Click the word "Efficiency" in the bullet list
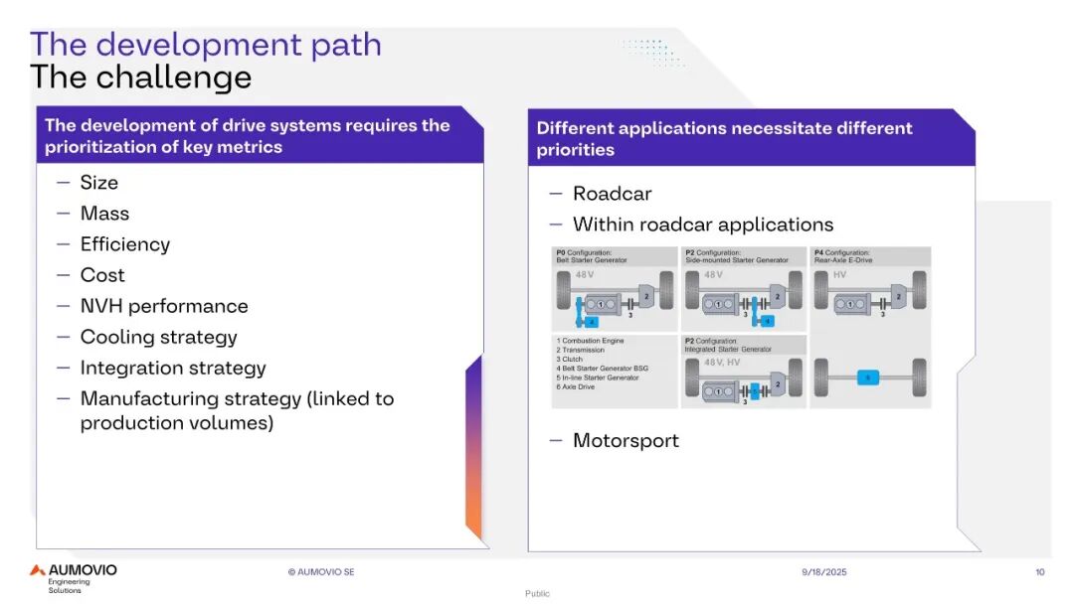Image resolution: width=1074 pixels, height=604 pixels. [124, 244]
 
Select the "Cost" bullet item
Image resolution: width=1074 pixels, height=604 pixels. [102, 275]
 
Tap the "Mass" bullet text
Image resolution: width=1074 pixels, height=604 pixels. [104, 214]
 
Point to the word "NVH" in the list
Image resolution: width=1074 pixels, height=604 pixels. [101, 306]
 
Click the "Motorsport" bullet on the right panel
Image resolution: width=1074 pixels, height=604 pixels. [626, 440]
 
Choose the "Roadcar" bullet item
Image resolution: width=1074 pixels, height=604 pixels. [612, 194]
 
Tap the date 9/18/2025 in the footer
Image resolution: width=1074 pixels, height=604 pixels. [824, 572]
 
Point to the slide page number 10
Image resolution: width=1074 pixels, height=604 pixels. [1039, 572]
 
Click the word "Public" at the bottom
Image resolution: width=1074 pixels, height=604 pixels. [537, 594]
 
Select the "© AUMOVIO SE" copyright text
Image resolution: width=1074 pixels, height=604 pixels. [321, 572]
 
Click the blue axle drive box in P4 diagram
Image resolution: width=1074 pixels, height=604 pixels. [868, 377]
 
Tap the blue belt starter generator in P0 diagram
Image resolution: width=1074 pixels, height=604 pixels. [593, 322]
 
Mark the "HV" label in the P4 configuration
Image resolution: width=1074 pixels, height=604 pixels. [840, 274]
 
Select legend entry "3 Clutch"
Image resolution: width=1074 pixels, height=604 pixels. [574, 360]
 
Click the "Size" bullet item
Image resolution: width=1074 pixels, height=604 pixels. [98, 183]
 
